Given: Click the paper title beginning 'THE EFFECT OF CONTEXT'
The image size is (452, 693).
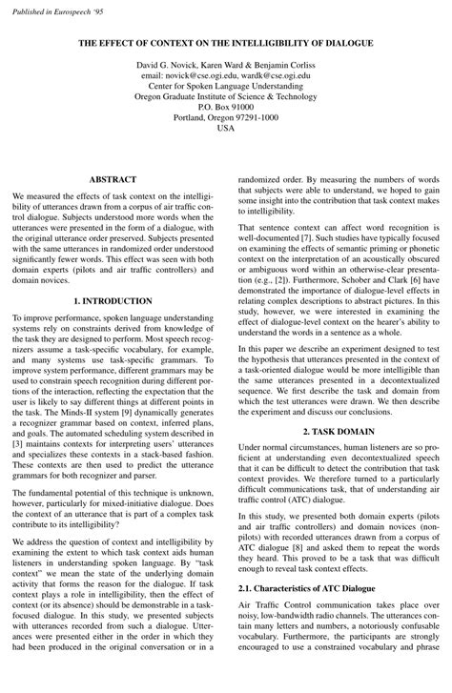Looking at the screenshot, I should point(226,44).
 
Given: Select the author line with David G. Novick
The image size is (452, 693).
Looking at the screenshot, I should point(226,63).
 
